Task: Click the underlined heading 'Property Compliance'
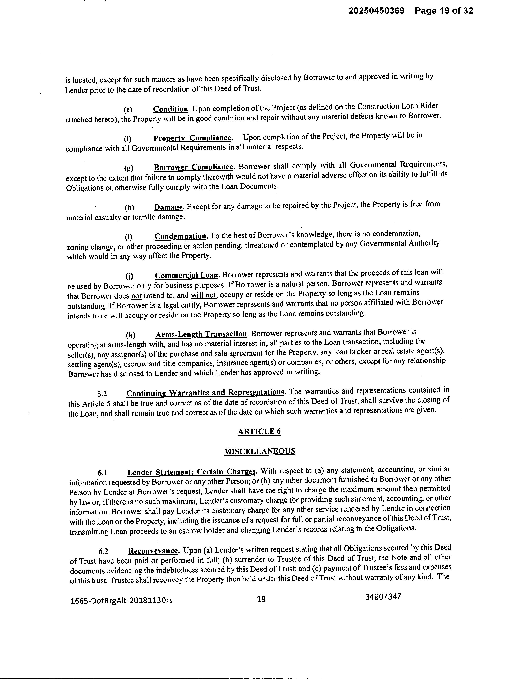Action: click(192, 138)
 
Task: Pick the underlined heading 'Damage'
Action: click(168, 207)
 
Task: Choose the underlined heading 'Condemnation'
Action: click(180, 236)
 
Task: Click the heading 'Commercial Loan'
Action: click(187, 275)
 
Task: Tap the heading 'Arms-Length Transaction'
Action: click(201, 334)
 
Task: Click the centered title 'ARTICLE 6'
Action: click(259, 432)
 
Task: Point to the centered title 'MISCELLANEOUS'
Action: click(259, 451)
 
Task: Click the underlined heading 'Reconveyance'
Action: click(153, 551)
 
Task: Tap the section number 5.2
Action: click(102, 394)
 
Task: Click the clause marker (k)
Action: click(130, 335)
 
